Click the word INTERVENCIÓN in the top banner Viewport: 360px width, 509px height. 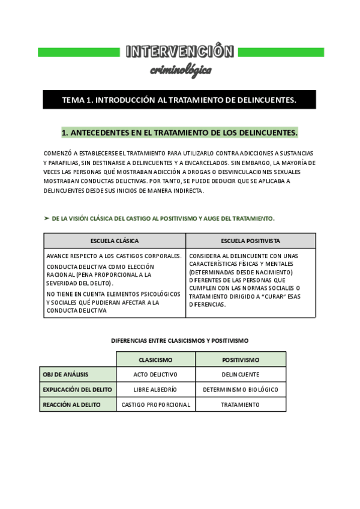click(x=180, y=52)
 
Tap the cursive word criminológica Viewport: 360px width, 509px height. click(x=180, y=70)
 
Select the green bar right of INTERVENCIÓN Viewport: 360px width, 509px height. click(x=281, y=52)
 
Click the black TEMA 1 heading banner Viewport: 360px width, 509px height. click(x=179, y=100)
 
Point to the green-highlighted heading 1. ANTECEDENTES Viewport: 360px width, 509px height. click(x=179, y=132)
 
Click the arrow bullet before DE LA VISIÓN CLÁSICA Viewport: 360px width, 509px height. click(x=47, y=218)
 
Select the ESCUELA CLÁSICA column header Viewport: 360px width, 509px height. click(x=115, y=241)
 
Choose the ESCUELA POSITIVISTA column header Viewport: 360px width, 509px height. click(x=250, y=241)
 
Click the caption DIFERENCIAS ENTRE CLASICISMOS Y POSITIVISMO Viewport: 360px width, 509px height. click(x=179, y=340)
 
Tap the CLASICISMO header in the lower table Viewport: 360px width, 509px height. click(x=155, y=360)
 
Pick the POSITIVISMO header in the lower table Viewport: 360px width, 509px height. click(x=241, y=360)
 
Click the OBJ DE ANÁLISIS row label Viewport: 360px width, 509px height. click(x=66, y=375)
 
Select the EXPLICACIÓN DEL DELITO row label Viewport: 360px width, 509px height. click(x=77, y=390)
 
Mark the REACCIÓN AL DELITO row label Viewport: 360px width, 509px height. click(x=71, y=405)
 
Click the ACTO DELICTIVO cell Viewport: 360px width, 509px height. click(x=155, y=375)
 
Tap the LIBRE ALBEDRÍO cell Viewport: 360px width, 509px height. click(x=155, y=390)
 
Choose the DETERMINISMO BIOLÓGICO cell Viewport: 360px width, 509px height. click(x=241, y=390)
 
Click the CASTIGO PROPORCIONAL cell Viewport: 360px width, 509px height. click(x=155, y=405)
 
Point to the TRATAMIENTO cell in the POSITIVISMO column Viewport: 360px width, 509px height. click(x=241, y=405)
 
